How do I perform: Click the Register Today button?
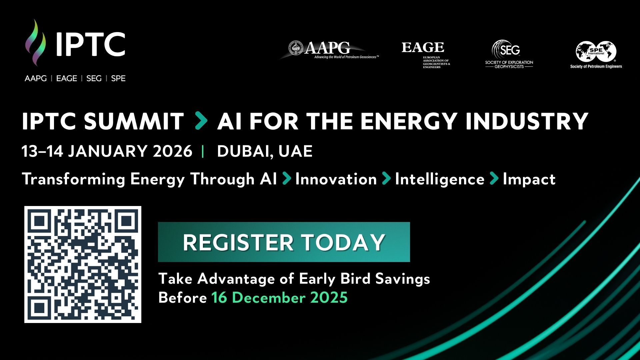click(x=284, y=242)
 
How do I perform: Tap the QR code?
click(x=83, y=264)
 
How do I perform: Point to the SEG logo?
click(x=509, y=54)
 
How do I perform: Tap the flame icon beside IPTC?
click(x=36, y=42)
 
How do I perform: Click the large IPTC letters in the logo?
click(x=90, y=44)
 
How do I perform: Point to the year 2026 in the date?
click(x=173, y=151)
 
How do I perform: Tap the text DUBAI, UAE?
click(x=265, y=151)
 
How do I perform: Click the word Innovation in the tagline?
click(x=336, y=179)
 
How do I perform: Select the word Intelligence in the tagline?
click(x=440, y=179)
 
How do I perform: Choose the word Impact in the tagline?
click(x=529, y=179)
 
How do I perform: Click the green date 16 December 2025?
click(x=279, y=297)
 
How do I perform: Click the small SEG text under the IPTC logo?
click(x=94, y=79)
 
